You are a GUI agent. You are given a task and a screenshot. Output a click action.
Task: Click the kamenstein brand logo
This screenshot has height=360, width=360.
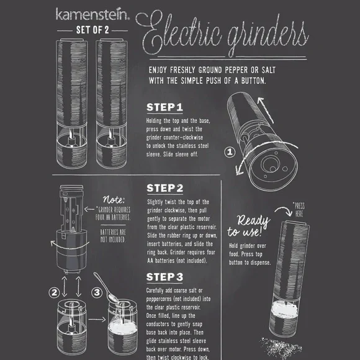92,14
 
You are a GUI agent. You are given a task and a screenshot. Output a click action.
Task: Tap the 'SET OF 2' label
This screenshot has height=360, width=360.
92,30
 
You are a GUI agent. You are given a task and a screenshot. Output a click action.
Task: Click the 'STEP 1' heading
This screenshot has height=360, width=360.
164,107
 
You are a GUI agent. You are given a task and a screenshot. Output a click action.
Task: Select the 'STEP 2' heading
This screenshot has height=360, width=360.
165,188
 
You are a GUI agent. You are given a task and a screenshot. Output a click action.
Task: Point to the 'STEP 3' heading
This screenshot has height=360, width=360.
164,277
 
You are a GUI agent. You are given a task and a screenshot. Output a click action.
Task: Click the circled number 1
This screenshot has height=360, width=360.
230,152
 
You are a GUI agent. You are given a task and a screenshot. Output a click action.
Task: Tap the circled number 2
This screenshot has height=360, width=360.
54,292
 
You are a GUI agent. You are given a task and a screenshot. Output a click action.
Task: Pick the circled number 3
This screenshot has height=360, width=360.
97,292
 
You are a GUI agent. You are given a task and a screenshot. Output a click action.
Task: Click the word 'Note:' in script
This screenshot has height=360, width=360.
114,199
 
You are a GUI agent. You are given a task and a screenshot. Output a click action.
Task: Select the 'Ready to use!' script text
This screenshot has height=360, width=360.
249,226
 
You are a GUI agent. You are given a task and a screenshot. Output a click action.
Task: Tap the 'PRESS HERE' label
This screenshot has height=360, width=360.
299,209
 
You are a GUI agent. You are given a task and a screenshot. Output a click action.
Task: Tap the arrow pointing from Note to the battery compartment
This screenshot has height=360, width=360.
89,209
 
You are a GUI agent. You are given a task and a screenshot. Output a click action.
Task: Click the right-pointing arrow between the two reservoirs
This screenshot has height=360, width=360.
97,320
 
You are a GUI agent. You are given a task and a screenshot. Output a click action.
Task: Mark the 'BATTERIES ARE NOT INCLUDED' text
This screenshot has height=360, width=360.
113,236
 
